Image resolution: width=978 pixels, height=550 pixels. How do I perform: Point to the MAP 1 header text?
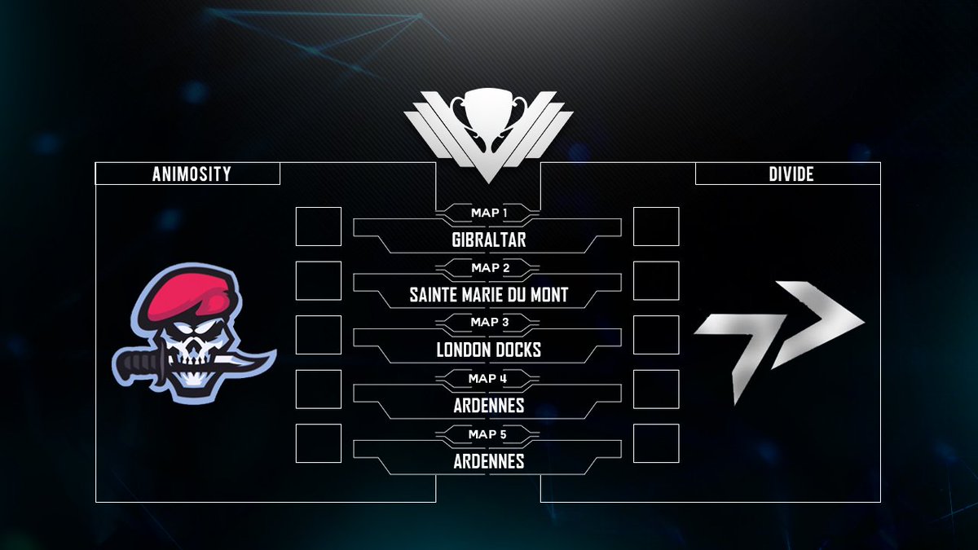tap(488, 213)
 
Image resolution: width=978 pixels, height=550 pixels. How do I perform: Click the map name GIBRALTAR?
tap(488, 241)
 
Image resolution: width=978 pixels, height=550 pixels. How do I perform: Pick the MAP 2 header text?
tap(488, 267)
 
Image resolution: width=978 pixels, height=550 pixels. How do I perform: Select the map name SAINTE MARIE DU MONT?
tap(488, 296)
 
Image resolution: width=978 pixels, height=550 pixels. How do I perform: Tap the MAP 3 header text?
tap(488, 323)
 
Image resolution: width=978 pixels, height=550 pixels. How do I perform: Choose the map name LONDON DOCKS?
tap(488, 350)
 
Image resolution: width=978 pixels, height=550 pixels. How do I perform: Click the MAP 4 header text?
tap(488, 378)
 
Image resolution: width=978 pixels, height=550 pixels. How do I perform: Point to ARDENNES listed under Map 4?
tap(488, 406)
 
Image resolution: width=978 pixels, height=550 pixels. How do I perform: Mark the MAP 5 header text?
tap(488, 433)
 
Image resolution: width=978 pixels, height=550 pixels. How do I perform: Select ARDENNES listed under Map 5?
tap(488, 461)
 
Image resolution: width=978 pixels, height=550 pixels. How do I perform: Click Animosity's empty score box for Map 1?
tap(318, 227)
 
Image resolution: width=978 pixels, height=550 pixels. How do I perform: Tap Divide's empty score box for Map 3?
tap(656, 335)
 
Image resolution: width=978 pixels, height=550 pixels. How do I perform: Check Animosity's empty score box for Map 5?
tap(318, 443)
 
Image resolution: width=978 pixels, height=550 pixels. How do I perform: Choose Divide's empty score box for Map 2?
tap(656, 281)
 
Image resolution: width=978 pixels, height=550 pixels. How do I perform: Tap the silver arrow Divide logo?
tap(778, 335)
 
